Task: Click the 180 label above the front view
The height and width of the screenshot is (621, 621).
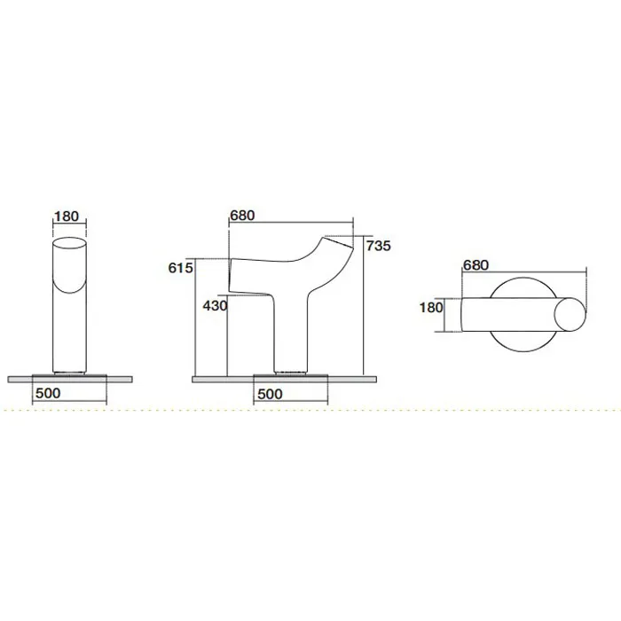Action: coord(67,216)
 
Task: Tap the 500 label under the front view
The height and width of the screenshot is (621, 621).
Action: coord(48,393)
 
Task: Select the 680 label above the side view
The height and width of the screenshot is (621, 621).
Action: coord(242,216)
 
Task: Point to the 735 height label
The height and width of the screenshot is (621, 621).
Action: coord(378,246)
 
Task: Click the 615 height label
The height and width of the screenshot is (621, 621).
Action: coord(181,268)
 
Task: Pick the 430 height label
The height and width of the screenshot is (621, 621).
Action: coord(215,306)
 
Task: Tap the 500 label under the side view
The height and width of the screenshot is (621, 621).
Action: coord(270,394)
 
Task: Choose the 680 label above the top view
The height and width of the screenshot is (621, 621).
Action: coord(476,265)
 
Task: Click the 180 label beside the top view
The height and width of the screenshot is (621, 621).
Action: coord(431,308)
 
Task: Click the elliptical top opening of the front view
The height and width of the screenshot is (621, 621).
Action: coord(70,238)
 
